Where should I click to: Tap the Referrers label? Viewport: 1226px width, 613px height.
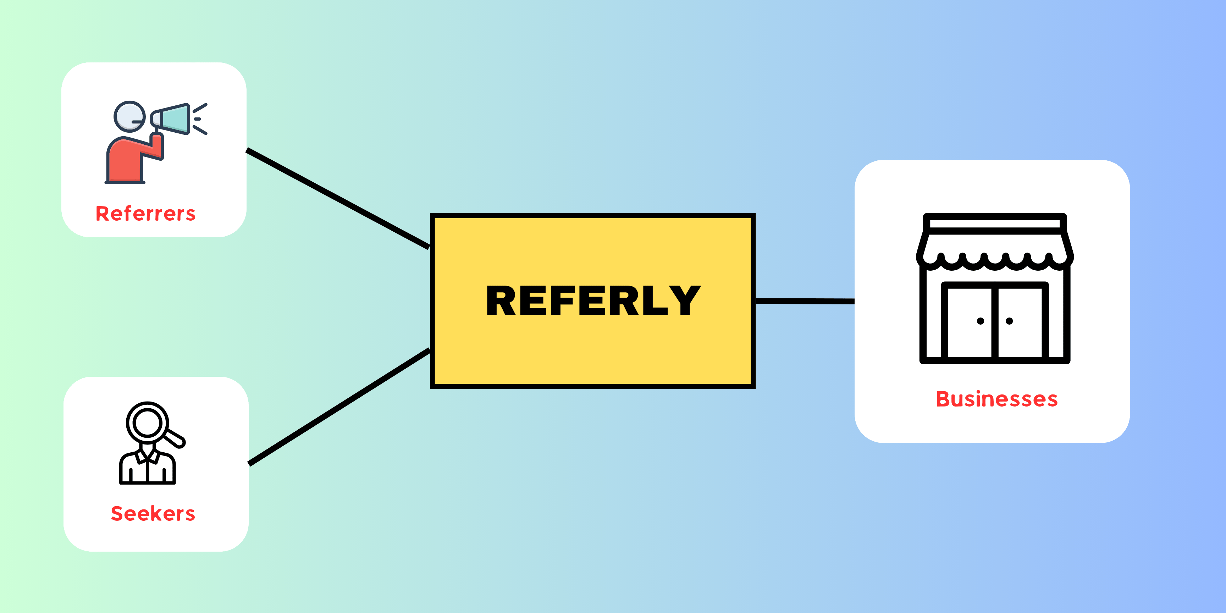pyautogui.click(x=146, y=214)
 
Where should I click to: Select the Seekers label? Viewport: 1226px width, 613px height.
pyautogui.click(x=153, y=514)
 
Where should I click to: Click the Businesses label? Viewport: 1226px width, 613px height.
pyautogui.click(x=996, y=399)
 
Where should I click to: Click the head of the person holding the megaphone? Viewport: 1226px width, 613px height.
pyautogui.click(x=129, y=116)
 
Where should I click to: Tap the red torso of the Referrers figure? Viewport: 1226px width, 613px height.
pyautogui.click(x=125, y=159)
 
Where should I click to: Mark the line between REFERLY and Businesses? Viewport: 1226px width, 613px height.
pyautogui.click(x=805, y=301)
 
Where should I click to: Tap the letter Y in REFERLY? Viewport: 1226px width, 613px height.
pyautogui.click(x=684, y=301)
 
